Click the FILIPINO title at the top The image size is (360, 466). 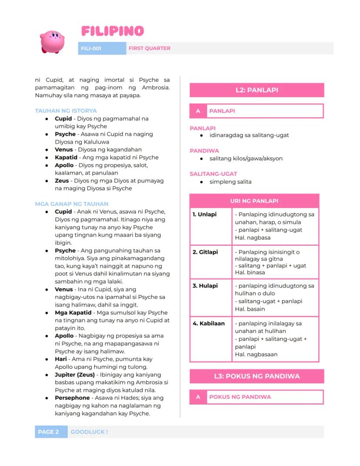pos(112,31)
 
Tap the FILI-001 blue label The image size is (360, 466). pos(91,48)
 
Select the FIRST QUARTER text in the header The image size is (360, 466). pos(150,48)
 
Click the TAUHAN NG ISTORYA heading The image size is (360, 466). pos(66,111)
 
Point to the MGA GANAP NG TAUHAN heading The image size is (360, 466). pos(71,204)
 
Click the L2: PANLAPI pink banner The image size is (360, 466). pos(257,90)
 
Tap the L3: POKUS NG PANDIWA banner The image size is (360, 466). pos(257,376)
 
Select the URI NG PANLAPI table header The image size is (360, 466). pos(254,201)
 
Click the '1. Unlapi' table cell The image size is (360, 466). pos(204,215)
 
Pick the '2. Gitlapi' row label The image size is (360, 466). pos(205,252)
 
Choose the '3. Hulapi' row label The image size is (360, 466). pos(205,286)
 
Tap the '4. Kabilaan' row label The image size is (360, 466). pos(209,323)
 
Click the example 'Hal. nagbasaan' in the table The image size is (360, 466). pos(256,354)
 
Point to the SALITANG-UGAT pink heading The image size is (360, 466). pos(213,174)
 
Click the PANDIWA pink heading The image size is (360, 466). pos(204,151)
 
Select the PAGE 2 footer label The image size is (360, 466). pos(48,432)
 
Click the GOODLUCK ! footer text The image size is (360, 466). pos(89,432)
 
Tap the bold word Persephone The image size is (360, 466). pos(72,398)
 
